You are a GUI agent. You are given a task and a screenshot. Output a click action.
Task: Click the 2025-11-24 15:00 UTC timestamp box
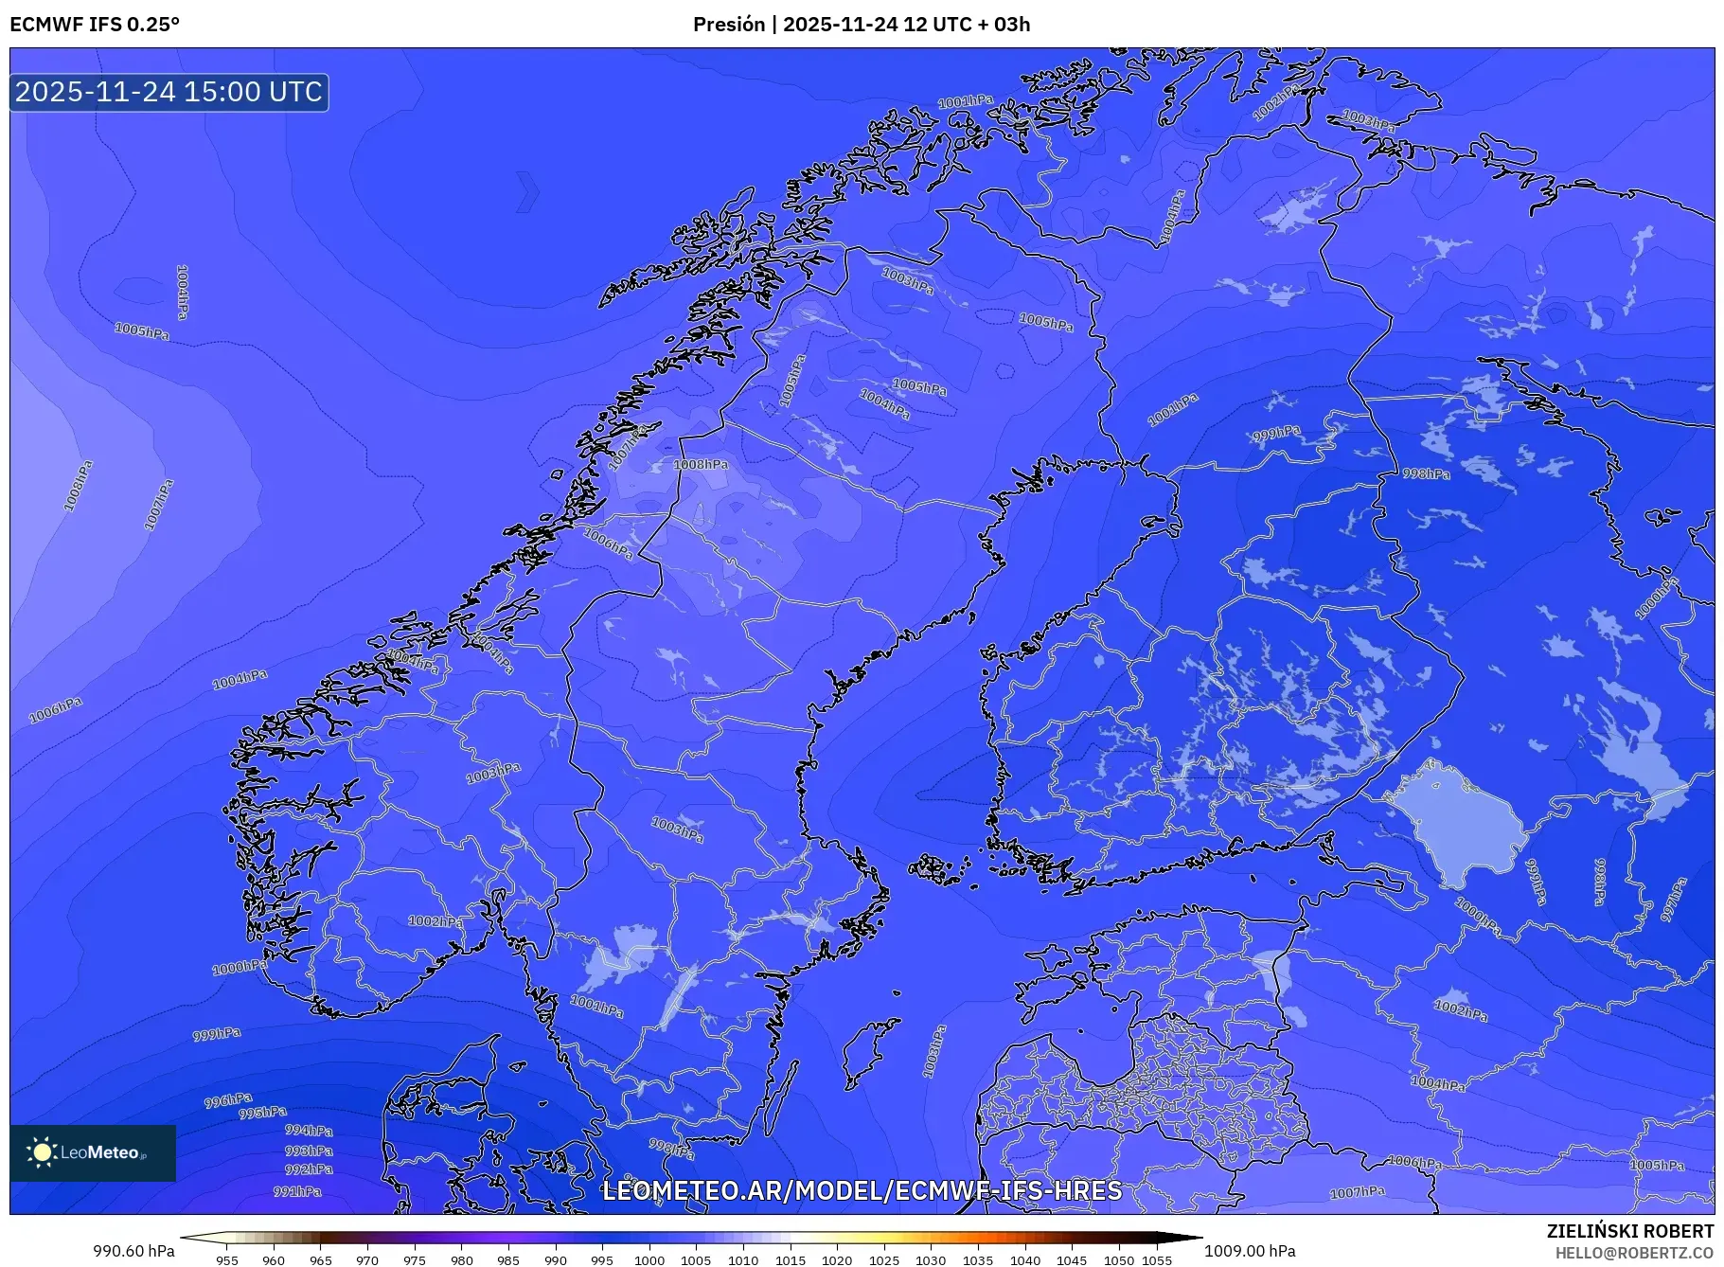click(169, 92)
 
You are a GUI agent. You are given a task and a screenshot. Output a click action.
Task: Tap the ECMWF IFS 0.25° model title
click(94, 25)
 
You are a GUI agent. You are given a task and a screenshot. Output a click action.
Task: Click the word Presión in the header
click(728, 25)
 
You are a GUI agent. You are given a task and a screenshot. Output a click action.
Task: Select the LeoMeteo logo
click(93, 1152)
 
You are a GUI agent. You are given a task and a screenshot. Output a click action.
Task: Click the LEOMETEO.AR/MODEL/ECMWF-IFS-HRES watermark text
click(862, 1190)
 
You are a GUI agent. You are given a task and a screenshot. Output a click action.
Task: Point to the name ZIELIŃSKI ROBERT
click(1629, 1231)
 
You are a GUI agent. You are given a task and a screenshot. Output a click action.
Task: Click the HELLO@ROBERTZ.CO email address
click(1634, 1253)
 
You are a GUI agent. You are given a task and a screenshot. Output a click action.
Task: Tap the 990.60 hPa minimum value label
click(133, 1251)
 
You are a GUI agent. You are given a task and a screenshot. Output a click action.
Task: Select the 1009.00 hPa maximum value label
click(1250, 1251)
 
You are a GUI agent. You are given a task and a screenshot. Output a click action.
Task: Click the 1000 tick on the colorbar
click(649, 1260)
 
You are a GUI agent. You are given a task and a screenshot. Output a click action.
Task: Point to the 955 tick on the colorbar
click(227, 1260)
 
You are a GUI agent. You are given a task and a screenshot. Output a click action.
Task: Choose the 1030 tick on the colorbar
click(931, 1260)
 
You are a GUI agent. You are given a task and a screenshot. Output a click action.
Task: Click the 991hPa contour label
click(297, 1191)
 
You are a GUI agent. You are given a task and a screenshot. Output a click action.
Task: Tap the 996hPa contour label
click(228, 1100)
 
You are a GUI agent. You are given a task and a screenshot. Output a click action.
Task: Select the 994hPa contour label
click(309, 1130)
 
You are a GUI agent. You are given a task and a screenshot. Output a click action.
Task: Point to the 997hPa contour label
click(1674, 899)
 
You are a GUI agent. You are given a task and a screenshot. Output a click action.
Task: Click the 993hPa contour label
click(309, 1151)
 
